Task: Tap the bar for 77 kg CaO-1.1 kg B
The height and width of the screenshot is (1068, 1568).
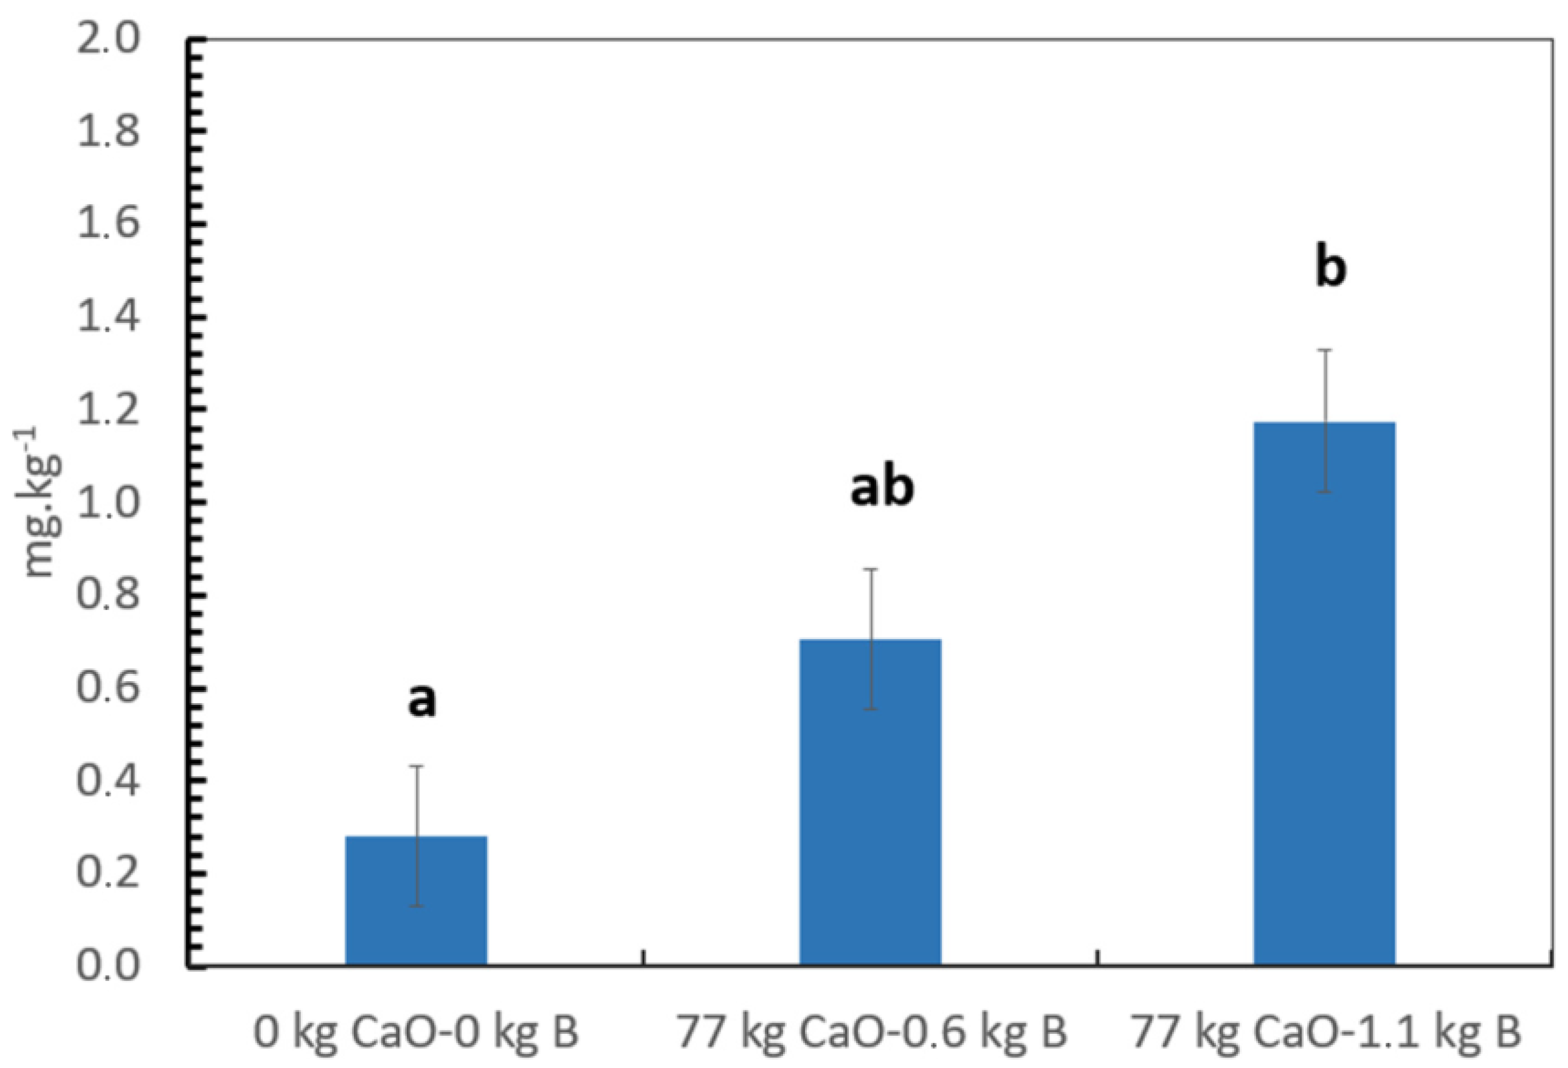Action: tap(1324, 695)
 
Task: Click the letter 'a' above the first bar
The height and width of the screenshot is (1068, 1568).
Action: tap(422, 700)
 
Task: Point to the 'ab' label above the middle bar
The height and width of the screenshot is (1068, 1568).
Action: tap(881, 488)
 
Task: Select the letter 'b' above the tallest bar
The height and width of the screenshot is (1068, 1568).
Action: tap(1330, 268)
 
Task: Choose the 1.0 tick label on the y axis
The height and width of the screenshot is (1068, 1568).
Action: tap(108, 503)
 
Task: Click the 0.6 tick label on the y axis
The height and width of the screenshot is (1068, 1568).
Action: tap(108, 688)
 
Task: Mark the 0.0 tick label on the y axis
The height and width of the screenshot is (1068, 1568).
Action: tap(108, 965)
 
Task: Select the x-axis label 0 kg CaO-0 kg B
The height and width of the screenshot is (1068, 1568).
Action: tap(416, 1032)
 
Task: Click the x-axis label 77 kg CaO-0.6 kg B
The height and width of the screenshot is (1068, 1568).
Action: tap(871, 1032)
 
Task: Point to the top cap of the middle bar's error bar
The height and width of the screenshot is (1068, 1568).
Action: tap(871, 569)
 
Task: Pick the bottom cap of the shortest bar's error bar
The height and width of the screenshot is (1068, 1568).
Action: tap(417, 906)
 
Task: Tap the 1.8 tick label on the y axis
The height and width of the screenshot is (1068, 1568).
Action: tap(108, 131)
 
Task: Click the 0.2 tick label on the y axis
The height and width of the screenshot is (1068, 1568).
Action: tap(108, 873)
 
